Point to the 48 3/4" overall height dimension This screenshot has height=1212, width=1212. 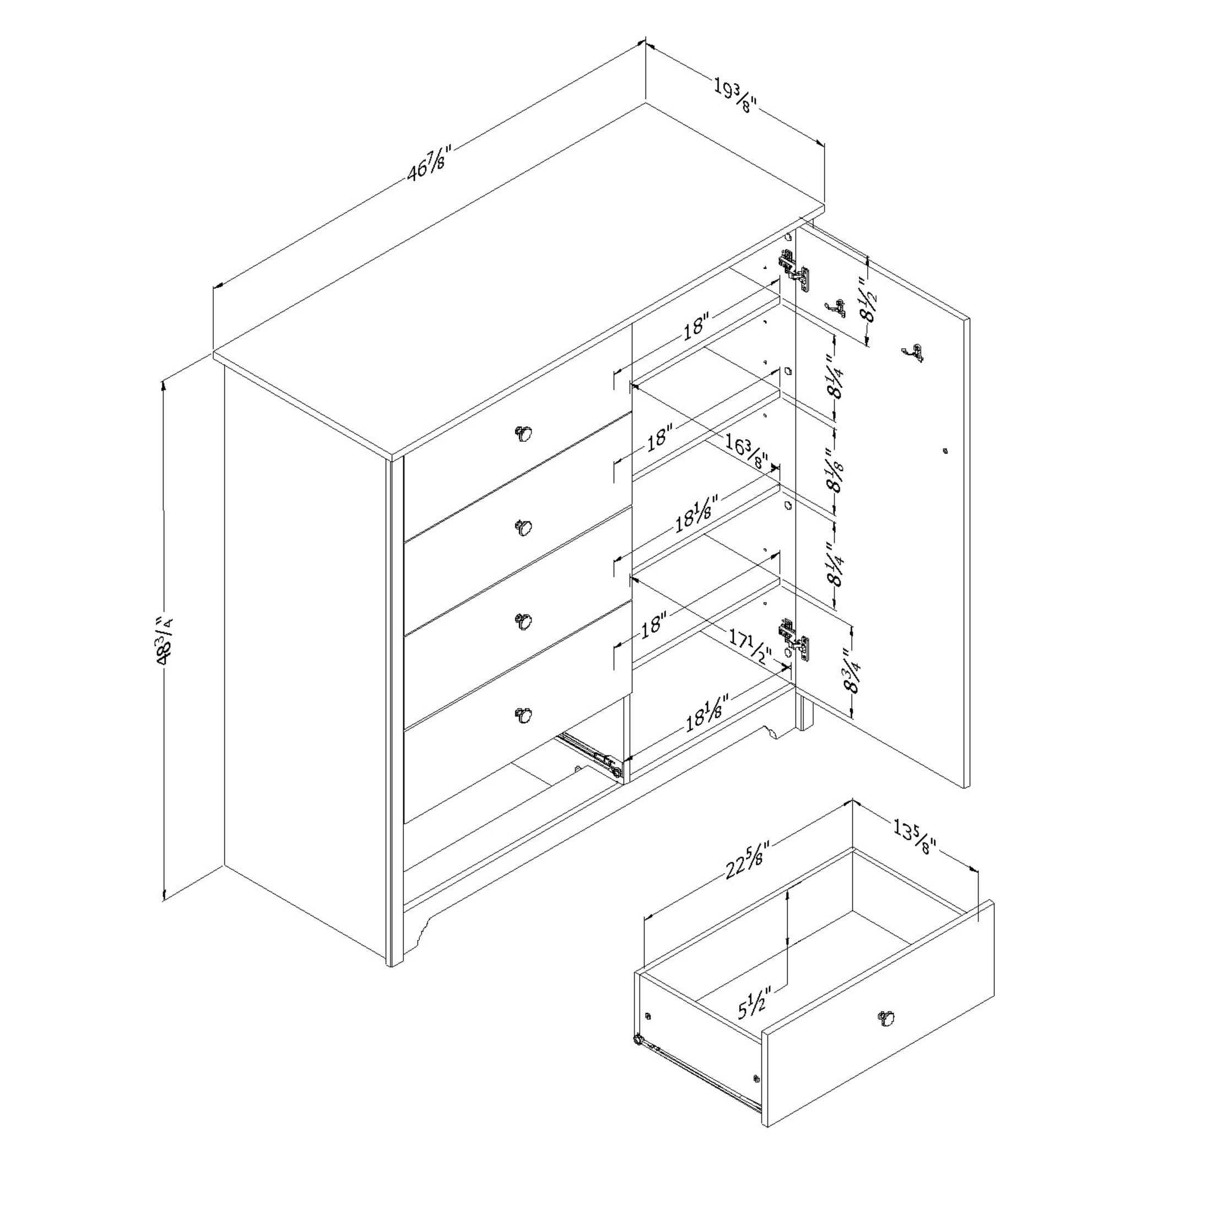tap(164, 641)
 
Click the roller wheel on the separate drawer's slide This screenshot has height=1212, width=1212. tap(638, 1040)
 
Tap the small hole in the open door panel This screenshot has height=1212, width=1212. tap(945, 451)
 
